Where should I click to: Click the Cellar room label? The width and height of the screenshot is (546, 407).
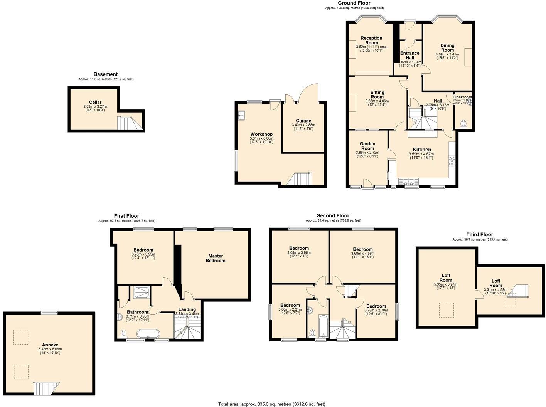[x=95, y=103]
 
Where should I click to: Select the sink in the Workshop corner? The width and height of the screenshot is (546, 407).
[x=242, y=115]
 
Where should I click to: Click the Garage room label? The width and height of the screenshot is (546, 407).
[x=303, y=121]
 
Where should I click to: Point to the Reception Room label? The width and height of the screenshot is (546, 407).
[x=371, y=40]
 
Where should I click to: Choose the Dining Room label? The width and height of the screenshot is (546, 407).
[x=447, y=48]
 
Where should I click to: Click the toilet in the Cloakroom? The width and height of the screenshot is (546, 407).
[x=463, y=124]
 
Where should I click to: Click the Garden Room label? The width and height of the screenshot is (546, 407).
[x=367, y=146]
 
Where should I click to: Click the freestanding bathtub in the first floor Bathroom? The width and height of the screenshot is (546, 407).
[x=148, y=334]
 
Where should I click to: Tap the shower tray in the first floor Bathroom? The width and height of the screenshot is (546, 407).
[x=141, y=293]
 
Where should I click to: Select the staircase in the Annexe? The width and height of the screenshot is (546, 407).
[x=45, y=388]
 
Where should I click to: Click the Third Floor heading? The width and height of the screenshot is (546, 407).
[x=479, y=234]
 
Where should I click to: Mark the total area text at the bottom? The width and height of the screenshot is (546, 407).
[x=272, y=404]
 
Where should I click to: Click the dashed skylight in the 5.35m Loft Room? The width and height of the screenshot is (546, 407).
[x=446, y=310]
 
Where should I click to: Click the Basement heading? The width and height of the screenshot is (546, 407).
[x=106, y=74]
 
